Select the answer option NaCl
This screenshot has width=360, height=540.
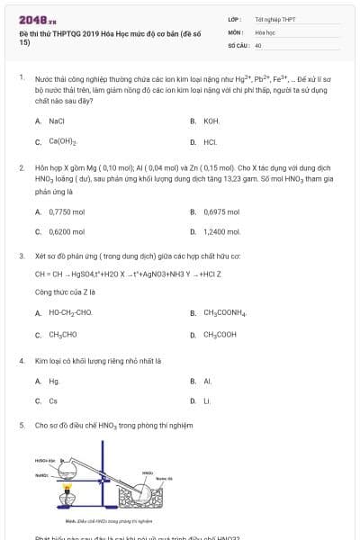[56, 120]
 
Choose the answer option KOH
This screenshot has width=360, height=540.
[211, 120]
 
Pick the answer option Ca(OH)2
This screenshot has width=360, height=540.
[62, 141]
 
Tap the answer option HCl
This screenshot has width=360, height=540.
[210, 141]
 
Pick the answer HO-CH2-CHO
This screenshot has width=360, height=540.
[71, 312]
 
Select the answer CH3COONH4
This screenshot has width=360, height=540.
[225, 312]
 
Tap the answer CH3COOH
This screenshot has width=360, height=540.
[220, 334]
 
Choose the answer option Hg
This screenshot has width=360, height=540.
[54, 381]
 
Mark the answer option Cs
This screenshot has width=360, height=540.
[53, 401]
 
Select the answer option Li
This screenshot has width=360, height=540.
[207, 401]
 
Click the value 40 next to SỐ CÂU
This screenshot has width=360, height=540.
[258, 44]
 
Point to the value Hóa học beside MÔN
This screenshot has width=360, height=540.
[265, 31]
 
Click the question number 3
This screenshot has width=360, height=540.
[22, 256]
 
